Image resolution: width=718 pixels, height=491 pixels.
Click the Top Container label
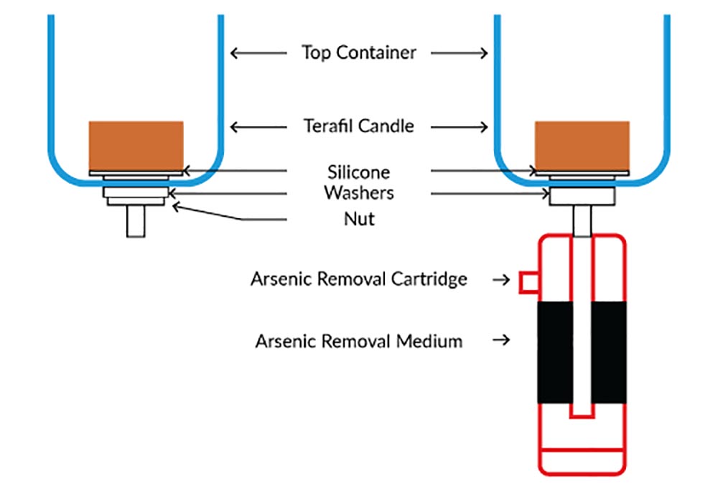pos(358,52)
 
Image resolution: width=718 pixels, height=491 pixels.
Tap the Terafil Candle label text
pos(358,126)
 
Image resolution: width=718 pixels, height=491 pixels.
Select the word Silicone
pos(358,172)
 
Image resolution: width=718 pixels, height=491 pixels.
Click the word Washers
pos(358,193)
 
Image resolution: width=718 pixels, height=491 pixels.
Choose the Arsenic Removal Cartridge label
pos(358,279)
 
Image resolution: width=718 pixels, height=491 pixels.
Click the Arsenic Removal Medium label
pos(358,340)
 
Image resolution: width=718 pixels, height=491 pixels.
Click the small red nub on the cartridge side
pos(528,282)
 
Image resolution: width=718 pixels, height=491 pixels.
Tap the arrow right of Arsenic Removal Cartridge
pos(503,279)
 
